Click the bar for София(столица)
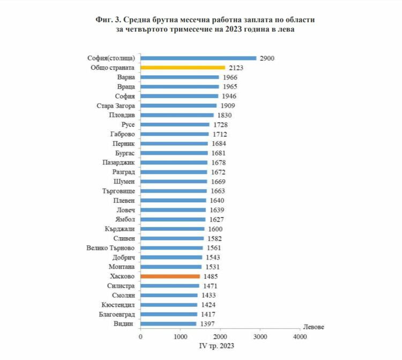pyautogui.click(x=198, y=58)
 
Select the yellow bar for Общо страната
pyautogui.click(x=183, y=68)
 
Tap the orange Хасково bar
pyautogui.click(x=170, y=276)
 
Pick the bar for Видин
pyautogui.click(x=168, y=324)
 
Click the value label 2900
pyautogui.click(x=266, y=58)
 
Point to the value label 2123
pyautogui.click(x=236, y=68)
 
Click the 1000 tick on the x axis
pyautogui.click(x=180, y=337)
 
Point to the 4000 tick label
pyautogui.click(x=300, y=337)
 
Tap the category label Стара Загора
pyautogui.click(x=116, y=106)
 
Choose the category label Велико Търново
pyautogui.click(x=110, y=248)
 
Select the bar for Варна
pyautogui.click(x=180, y=77)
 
